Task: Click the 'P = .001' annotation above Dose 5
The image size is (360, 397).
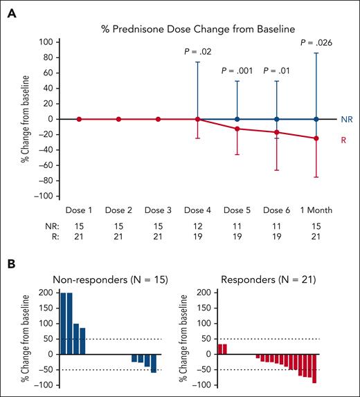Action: pos(238,71)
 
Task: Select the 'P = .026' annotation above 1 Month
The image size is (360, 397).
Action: pos(316,43)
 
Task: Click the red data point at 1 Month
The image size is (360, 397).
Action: pos(317,138)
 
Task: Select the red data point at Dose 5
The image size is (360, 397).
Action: pos(238,129)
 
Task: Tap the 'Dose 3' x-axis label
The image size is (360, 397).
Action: pos(159,209)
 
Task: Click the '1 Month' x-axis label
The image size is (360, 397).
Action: pos(317,209)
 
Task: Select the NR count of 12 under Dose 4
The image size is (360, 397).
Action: pos(199,225)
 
